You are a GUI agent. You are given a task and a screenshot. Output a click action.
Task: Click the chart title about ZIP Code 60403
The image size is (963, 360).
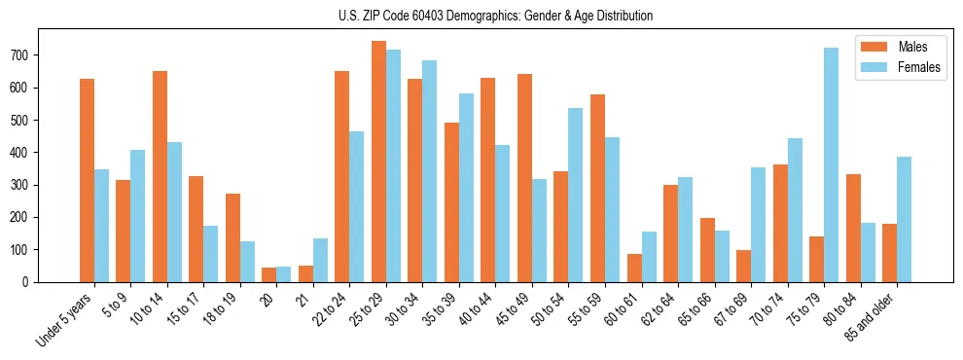pyautogui.click(x=481, y=16)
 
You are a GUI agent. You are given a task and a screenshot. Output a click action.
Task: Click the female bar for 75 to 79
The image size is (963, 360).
pyautogui.click(x=831, y=165)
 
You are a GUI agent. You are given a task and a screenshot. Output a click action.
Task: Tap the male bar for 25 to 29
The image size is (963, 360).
pyautogui.click(x=378, y=162)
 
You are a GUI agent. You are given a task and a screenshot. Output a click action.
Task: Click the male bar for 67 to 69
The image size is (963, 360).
pyautogui.click(x=743, y=266)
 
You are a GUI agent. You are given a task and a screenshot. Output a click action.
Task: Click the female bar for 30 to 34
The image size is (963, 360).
pyautogui.click(x=429, y=171)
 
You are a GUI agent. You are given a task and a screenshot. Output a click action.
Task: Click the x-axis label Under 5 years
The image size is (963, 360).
pyautogui.click(x=66, y=320)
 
